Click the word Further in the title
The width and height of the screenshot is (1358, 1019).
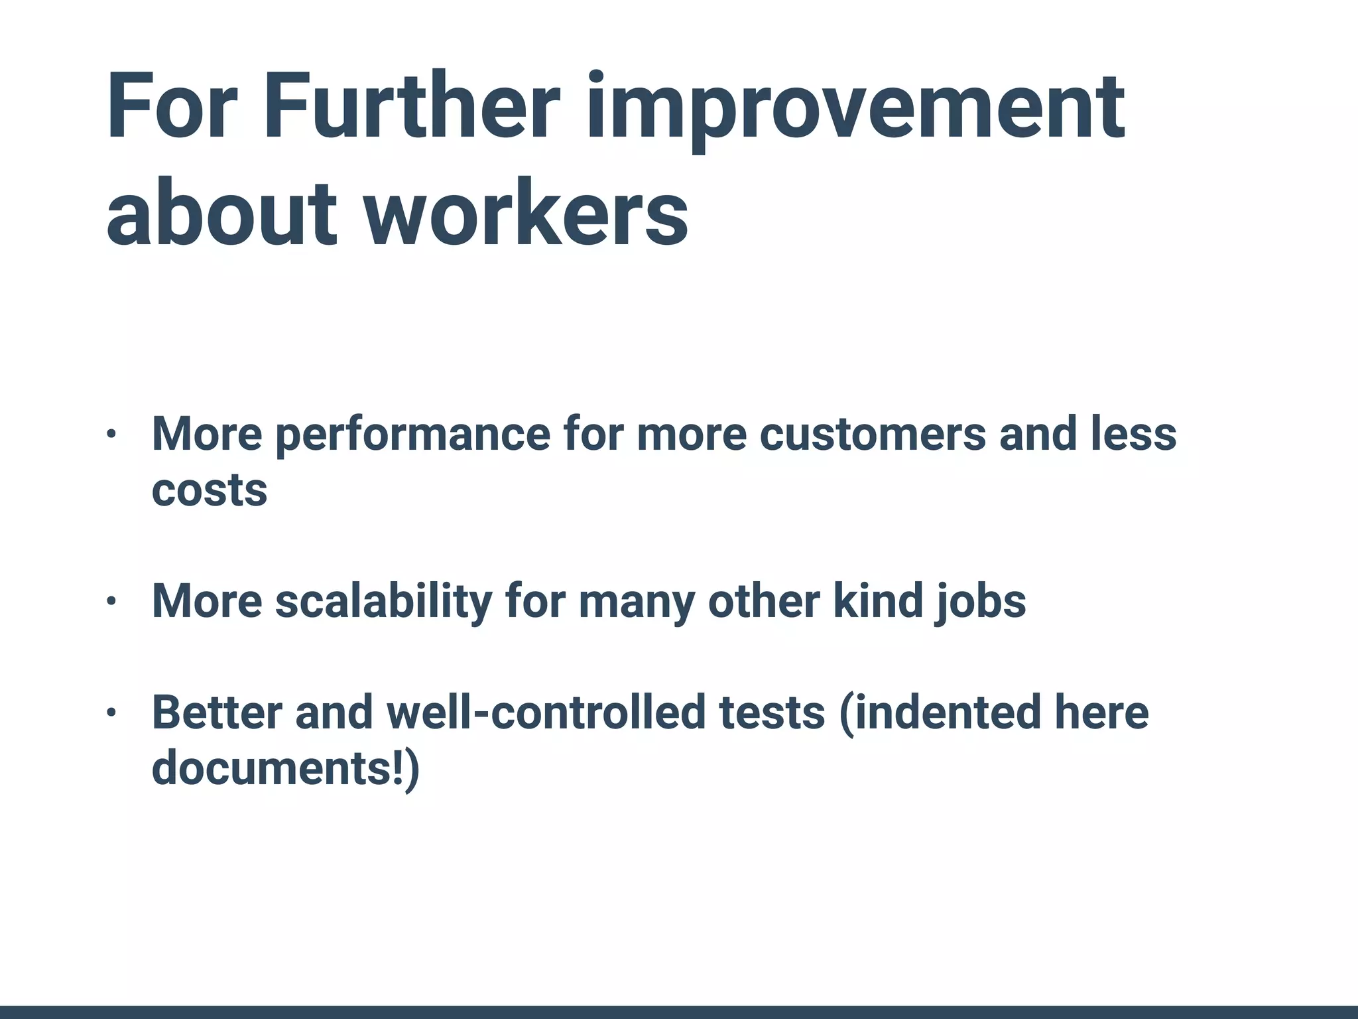[x=412, y=107]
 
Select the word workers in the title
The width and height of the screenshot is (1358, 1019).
[x=527, y=214]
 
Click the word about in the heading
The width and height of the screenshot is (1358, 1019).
[x=222, y=214]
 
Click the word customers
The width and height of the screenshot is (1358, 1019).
[x=873, y=435]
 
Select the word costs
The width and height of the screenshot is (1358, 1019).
[x=210, y=491]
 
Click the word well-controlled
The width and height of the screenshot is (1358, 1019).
[x=546, y=713]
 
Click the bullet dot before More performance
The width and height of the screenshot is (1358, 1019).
[x=111, y=435]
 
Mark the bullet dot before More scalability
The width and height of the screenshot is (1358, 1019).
[x=111, y=602]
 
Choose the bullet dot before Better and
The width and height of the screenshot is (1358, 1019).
[x=111, y=713]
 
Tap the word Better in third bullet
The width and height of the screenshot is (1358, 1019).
[x=217, y=713]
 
